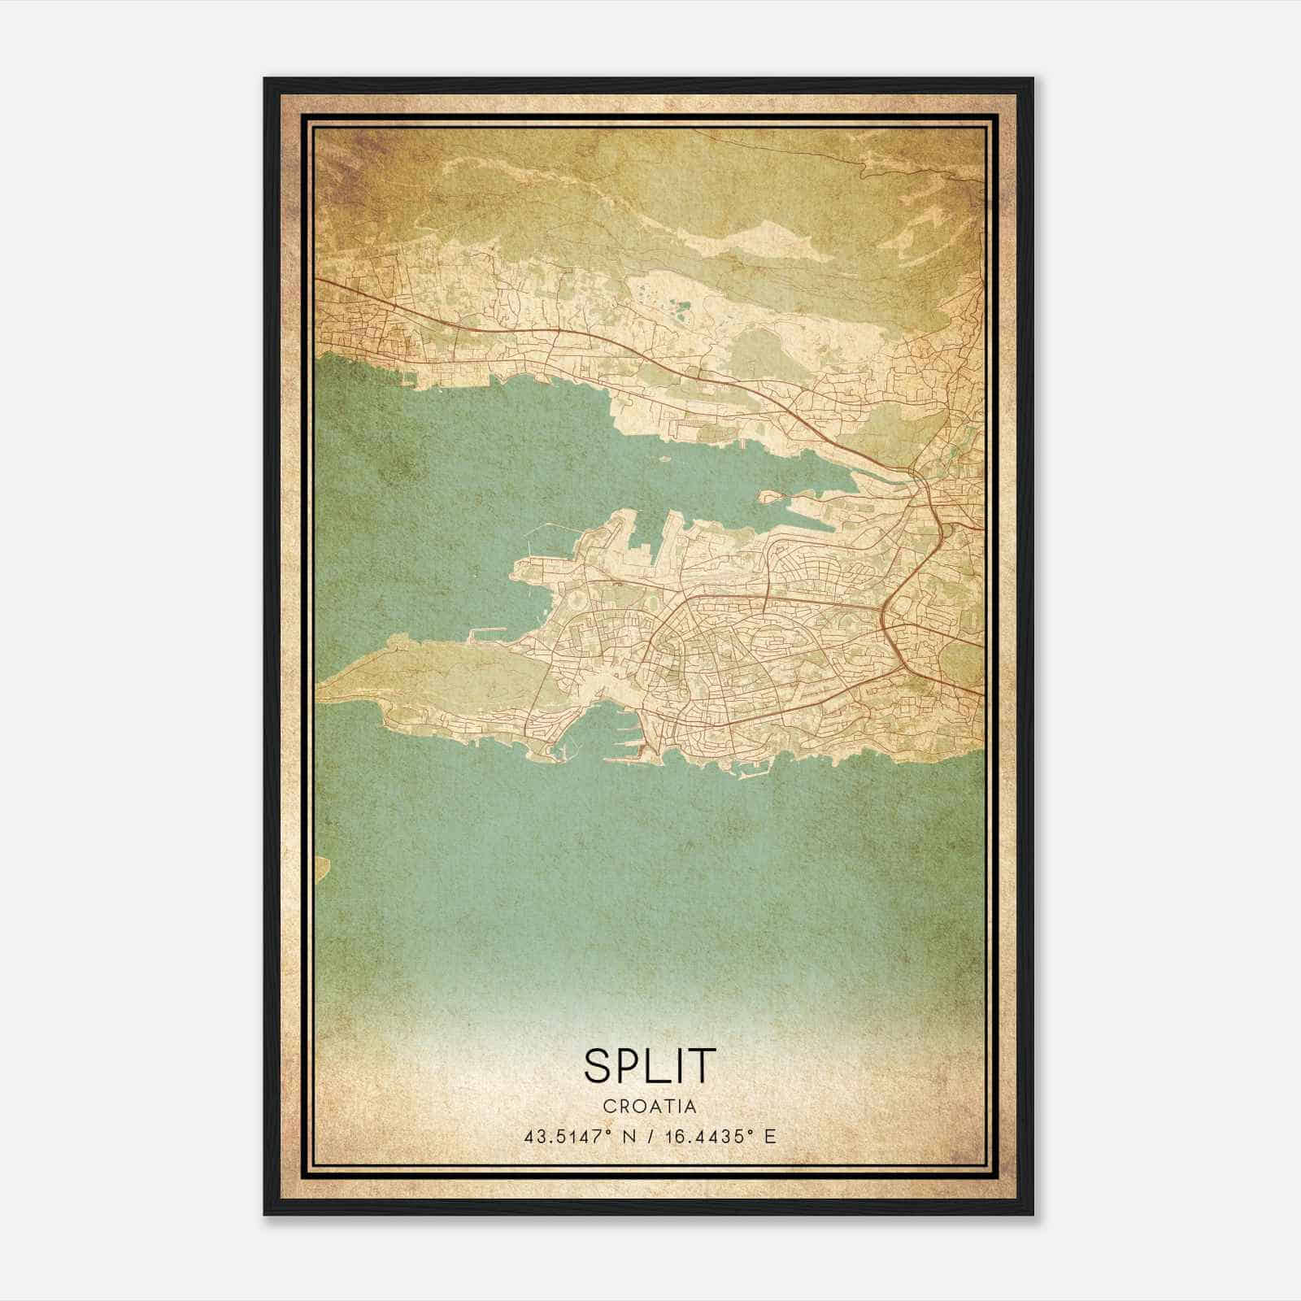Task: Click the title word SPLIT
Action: click(650, 1065)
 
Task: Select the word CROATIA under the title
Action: click(650, 1106)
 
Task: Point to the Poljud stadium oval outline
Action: click(576, 603)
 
